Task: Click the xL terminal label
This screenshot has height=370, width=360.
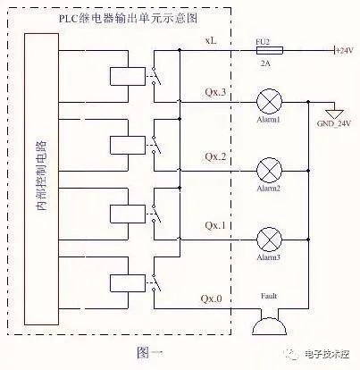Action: point(211,41)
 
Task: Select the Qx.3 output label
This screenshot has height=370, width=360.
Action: point(215,93)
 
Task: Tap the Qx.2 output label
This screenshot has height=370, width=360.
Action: point(215,158)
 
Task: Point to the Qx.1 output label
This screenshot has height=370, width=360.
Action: point(215,226)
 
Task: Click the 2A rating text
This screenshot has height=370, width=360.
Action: point(264,64)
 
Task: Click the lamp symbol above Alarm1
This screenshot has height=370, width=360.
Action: point(269,100)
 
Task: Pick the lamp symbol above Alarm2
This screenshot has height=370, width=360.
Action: point(269,169)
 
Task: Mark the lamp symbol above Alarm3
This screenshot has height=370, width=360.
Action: point(269,237)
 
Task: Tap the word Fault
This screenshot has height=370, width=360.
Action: point(269,296)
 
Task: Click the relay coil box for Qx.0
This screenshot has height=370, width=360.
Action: point(122,284)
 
